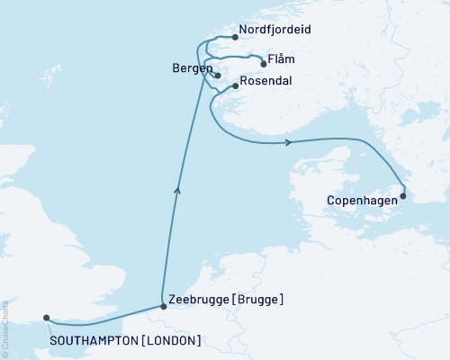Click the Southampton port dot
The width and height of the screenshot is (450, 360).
tap(47, 317)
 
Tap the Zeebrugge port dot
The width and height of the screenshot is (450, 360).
tap(163, 307)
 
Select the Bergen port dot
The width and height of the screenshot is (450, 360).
tap(217, 74)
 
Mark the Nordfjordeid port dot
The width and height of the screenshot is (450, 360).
tap(235, 38)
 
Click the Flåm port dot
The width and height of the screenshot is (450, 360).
tap(263, 62)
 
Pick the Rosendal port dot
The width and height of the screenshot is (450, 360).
tap(235, 86)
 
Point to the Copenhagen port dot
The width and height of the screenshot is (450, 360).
tap(403, 195)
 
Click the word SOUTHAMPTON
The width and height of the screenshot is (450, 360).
tap(93, 340)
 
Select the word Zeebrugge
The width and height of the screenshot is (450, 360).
tap(195, 298)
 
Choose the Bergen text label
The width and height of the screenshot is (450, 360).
tap(191, 68)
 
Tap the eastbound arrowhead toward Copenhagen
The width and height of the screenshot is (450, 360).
tap(287, 142)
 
